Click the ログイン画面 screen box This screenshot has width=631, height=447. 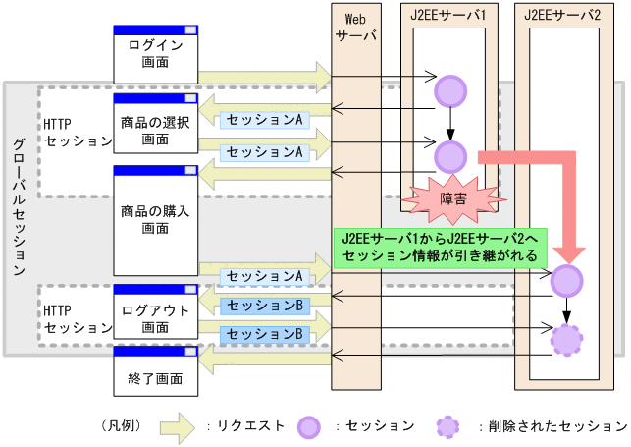coord(156,54)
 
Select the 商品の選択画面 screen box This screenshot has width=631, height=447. coord(156,126)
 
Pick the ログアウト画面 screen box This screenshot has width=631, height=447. coord(156,313)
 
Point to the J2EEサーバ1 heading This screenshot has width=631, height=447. coord(448,14)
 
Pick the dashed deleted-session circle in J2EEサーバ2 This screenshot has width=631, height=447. coord(566,339)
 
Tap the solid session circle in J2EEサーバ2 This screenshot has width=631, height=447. coord(566,281)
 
